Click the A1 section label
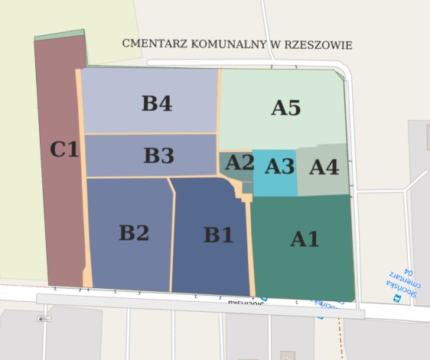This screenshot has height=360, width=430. point(305,239)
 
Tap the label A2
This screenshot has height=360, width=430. point(239,162)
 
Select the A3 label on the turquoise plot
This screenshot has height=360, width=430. point(279,165)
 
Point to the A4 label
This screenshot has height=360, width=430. point(324,167)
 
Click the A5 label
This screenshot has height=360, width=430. point(285,108)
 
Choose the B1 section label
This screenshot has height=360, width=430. point(218,235)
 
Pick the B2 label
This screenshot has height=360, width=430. point(133,232)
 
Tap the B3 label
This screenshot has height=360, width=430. point(159,156)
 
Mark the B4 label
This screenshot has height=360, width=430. point(157,104)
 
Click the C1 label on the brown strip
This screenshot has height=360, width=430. point(64,149)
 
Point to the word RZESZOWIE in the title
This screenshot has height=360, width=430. point(315,44)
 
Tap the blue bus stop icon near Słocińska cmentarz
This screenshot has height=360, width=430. point(396,299)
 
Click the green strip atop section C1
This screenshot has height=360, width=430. point(59,34)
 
